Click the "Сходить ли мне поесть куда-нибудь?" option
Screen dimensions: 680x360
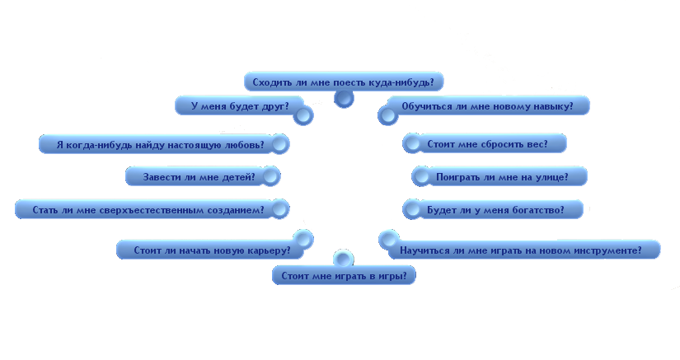(344, 82)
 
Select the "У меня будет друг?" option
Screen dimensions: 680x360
(240, 106)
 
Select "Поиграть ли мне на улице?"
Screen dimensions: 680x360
(502, 177)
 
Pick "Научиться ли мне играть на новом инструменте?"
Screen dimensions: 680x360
(520, 250)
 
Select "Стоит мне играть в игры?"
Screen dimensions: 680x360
(344, 275)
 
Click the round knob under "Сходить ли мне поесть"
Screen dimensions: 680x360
(344, 99)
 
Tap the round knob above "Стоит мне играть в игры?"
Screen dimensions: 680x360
(344, 259)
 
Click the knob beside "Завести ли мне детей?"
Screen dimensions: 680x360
(270, 176)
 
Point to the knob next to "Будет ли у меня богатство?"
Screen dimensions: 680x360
(412, 210)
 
